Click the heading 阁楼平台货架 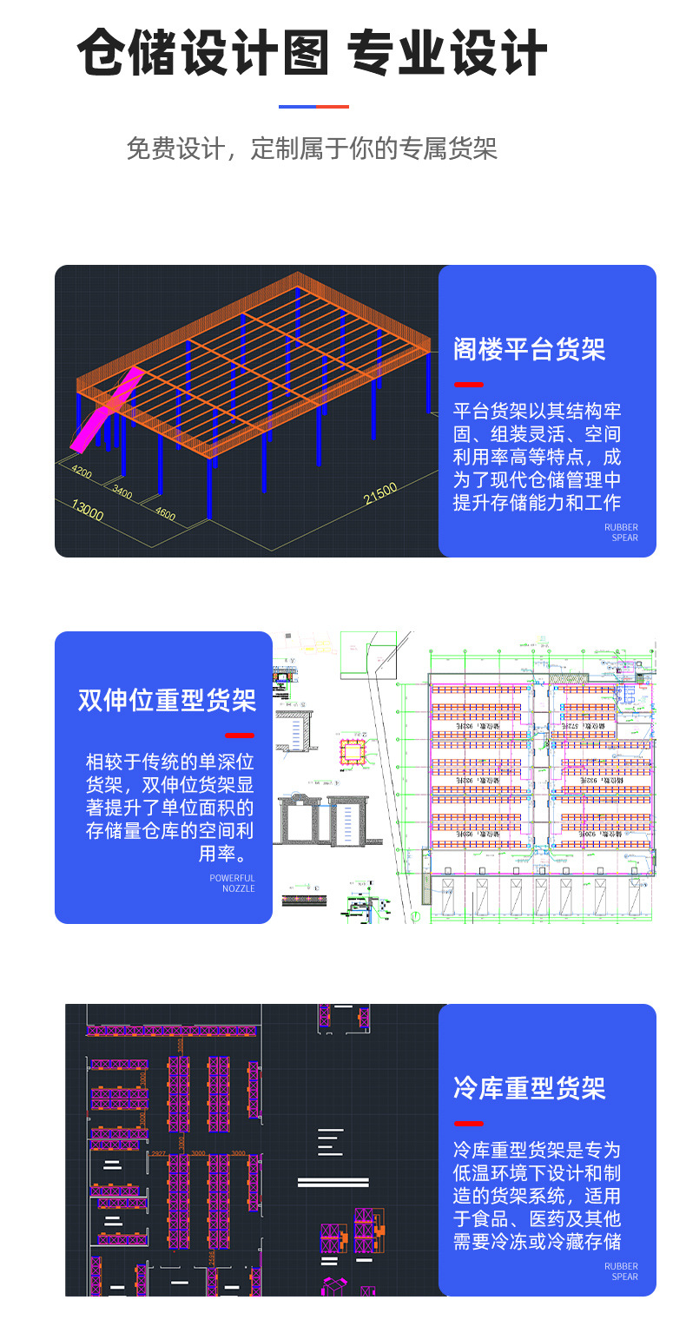pyautogui.click(x=529, y=349)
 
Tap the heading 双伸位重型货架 pyautogui.click(x=167, y=700)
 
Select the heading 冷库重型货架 pyautogui.click(x=529, y=1088)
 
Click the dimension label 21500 pyautogui.click(x=380, y=493)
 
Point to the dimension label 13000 pyautogui.click(x=87, y=511)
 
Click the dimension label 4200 pyautogui.click(x=82, y=472)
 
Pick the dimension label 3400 pyautogui.click(x=122, y=492)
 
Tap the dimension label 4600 pyautogui.click(x=165, y=513)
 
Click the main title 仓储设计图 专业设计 pyautogui.click(x=313, y=54)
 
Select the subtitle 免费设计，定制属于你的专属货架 pyautogui.click(x=313, y=148)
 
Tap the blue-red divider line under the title pyautogui.click(x=313, y=107)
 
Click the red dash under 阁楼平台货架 pyautogui.click(x=469, y=384)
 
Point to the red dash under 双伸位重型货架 pyautogui.click(x=240, y=735)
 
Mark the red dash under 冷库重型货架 pyautogui.click(x=469, y=1123)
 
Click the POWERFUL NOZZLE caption pyautogui.click(x=233, y=883)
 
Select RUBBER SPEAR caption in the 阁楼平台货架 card pyautogui.click(x=622, y=532)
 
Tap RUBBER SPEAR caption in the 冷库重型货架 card pyautogui.click(x=622, y=1271)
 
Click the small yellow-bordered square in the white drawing pyautogui.click(x=353, y=749)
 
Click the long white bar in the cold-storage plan pyautogui.click(x=333, y=1182)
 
